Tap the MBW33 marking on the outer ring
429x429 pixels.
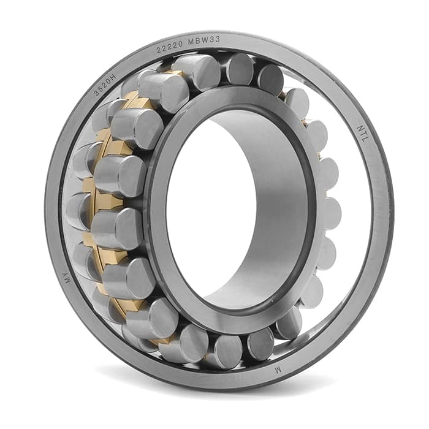click(x=204, y=41)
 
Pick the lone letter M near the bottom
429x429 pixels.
click(x=278, y=370)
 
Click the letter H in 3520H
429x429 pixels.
click(x=113, y=77)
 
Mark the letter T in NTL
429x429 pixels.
click(x=363, y=134)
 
